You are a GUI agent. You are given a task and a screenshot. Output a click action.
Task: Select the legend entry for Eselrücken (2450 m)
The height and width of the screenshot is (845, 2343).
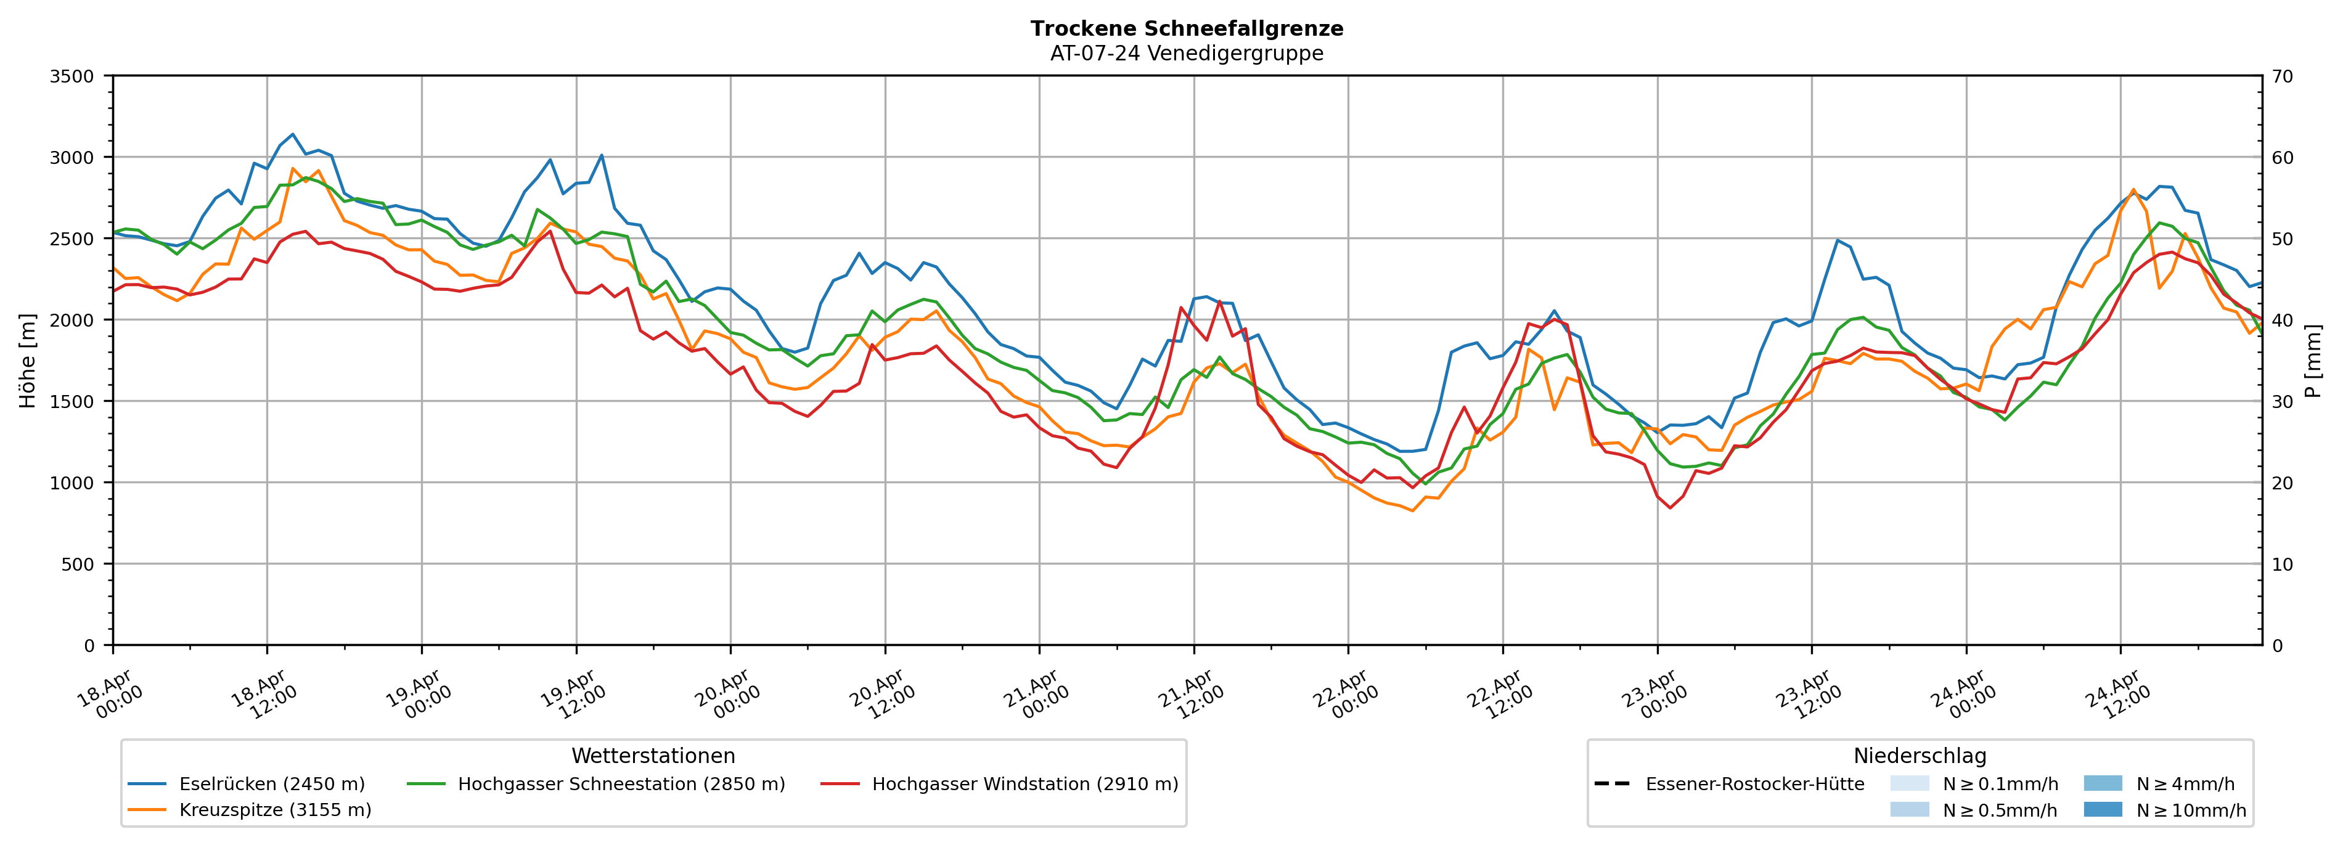(x=271, y=784)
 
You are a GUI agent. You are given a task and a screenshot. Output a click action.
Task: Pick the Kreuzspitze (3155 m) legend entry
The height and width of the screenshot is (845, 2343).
(x=275, y=809)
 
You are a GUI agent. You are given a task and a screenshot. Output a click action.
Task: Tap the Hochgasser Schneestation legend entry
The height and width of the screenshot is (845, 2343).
(x=620, y=784)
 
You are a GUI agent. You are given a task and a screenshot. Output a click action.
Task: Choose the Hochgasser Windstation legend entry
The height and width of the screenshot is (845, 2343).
(x=1024, y=784)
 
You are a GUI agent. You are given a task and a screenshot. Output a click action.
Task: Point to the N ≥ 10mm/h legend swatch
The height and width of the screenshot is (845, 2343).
(x=2102, y=809)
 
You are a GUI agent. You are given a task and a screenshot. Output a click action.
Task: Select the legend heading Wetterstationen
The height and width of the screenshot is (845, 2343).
(x=653, y=756)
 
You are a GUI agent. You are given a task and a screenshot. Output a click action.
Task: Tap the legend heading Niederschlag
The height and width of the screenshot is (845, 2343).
(x=1919, y=756)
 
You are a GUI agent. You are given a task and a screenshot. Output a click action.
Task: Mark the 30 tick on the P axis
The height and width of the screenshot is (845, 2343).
(x=2282, y=401)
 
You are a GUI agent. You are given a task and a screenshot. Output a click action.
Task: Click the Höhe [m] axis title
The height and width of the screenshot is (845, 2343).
(x=27, y=360)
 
